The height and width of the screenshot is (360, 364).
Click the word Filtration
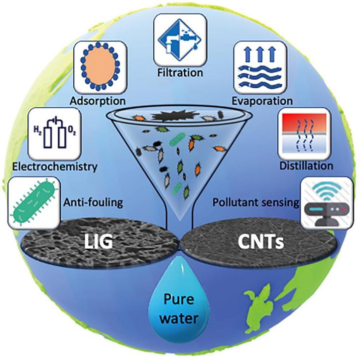pos(180,73)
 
